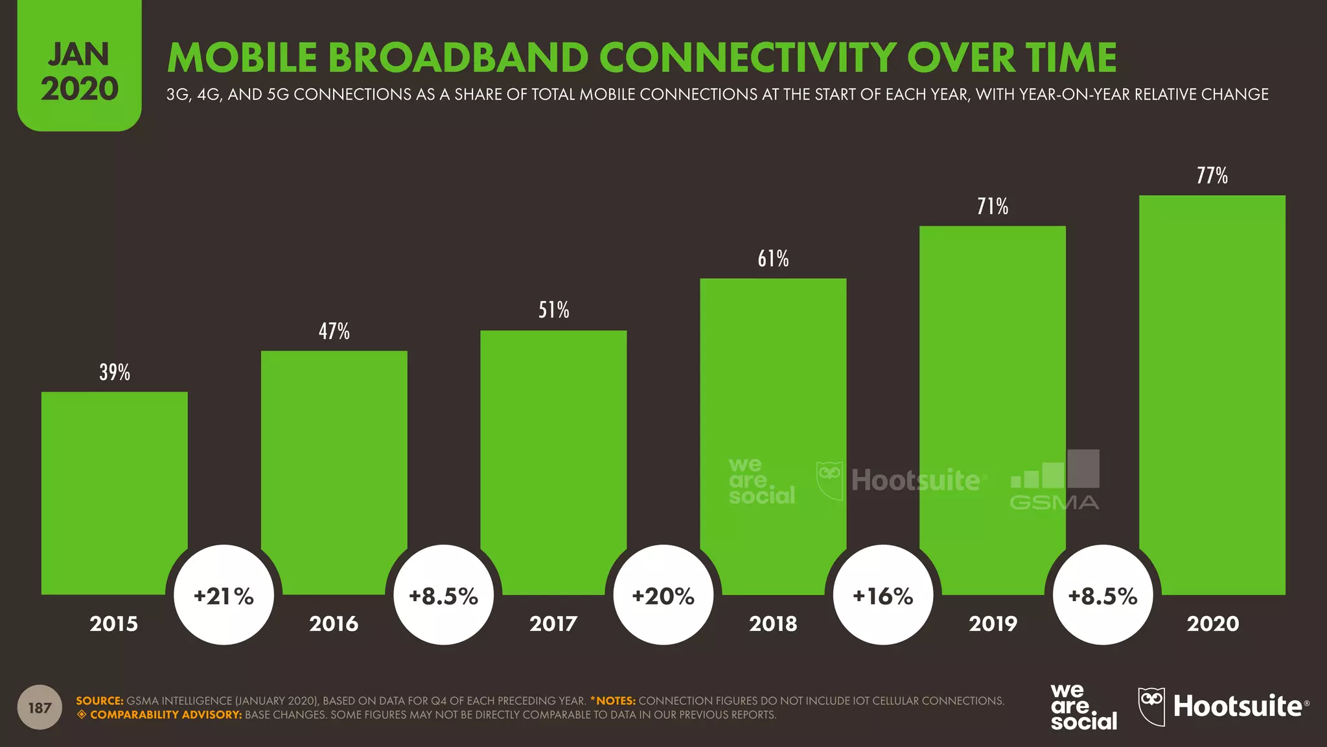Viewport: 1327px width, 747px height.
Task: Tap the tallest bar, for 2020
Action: (1212, 389)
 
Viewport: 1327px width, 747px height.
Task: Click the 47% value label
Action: (334, 331)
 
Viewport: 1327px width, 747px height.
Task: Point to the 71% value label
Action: (993, 207)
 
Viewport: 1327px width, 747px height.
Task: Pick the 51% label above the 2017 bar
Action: (554, 310)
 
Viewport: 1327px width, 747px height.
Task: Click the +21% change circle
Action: (224, 595)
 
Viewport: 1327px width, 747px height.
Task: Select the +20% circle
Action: (663, 595)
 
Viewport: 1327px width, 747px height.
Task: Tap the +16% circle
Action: (883, 595)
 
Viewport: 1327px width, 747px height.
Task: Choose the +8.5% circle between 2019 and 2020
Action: (1103, 595)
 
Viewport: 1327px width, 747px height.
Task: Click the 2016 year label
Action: (334, 624)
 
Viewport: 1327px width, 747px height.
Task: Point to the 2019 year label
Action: (993, 624)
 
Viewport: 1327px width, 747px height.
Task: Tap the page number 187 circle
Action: (40, 707)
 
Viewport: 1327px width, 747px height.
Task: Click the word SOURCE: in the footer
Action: (99, 701)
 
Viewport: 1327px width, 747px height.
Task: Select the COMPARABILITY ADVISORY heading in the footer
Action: (165, 715)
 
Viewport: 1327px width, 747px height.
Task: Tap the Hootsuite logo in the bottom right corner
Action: (1223, 706)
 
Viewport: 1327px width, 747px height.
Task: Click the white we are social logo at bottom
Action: (1083, 707)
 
